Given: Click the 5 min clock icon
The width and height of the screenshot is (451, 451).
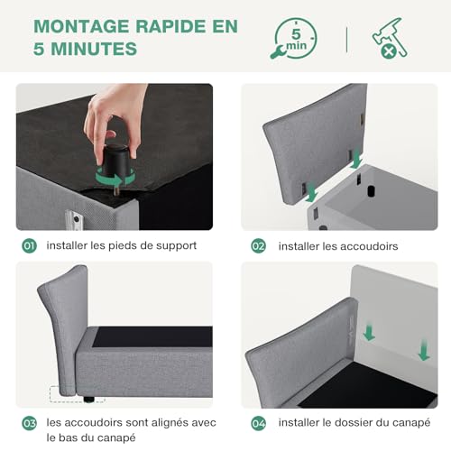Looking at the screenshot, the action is pos(294,39).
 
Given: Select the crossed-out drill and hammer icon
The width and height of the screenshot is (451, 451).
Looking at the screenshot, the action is pos(390,38).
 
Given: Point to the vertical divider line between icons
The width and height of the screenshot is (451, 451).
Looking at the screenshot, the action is pos(347,40).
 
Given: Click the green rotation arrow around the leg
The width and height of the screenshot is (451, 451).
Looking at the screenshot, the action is pos(115,178).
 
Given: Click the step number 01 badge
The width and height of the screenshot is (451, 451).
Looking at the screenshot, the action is pos(29,246).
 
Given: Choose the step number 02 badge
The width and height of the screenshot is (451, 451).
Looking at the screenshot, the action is pos(259,246).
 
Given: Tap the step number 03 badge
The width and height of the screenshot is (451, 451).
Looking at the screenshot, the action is pos(29,423).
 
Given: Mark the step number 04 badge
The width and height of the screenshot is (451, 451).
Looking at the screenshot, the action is pos(259,423).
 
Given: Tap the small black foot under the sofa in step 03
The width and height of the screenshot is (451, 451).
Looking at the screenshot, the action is pos(89,400).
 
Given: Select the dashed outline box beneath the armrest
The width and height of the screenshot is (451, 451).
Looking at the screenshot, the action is pos(77,394).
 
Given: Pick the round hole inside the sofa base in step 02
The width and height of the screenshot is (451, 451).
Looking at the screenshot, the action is pos(372,191).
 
